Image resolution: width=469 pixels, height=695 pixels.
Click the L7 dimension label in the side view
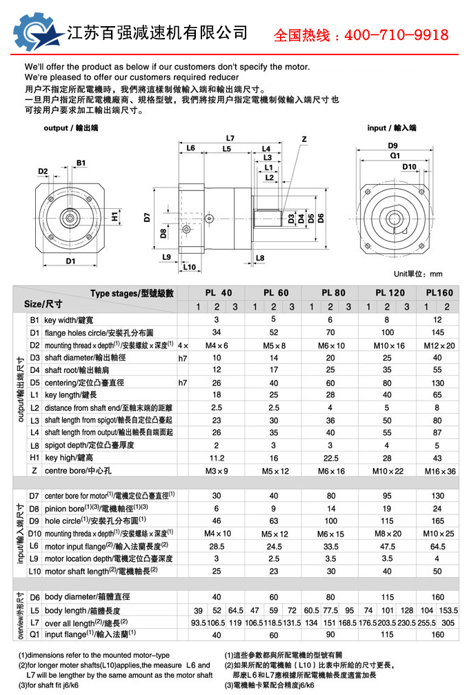[x=230, y=137]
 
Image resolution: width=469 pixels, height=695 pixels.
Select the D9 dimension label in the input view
[x=392, y=145]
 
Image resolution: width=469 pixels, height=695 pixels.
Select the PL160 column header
[x=439, y=293]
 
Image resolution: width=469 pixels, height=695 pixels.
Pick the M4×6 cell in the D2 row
[x=216, y=345]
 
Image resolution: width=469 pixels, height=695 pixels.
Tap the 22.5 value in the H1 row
[x=330, y=457]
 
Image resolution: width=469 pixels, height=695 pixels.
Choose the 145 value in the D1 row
[x=437, y=332]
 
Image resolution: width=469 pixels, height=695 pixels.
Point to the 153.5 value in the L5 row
[x=448, y=610]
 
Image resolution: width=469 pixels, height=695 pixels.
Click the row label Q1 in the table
[x=35, y=634]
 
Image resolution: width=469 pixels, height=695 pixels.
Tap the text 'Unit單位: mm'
[x=417, y=274]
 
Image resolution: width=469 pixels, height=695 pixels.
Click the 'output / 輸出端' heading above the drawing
[x=71, y=128]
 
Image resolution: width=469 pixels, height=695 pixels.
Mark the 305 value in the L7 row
[x=448, y=623]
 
